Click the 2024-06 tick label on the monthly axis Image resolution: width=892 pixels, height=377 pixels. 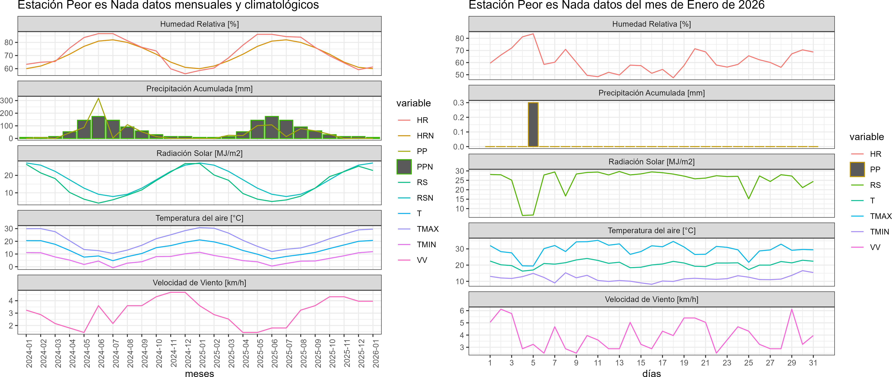pyautogui.click(x=101, y=353)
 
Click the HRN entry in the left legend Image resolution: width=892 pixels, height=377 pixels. pyautogui.click(x=425, y=136)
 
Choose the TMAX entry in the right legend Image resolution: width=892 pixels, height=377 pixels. pyautogui.click(x=880, y=216)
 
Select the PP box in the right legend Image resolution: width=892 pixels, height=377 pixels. pyautogui.click(x=857, y=169)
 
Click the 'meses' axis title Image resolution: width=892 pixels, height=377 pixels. pyautogui.click(x=199, y=373)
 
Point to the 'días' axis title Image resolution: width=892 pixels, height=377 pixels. pyautogui.click(x=651, y=373)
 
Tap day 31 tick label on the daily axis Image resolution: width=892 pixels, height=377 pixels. pyautogui.click(x=813, y=363)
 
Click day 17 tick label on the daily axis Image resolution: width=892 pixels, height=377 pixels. pyautogui.click(x=662, y=363)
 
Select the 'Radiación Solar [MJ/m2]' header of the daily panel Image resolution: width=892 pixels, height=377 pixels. pyautogui.click(x=651, y=162)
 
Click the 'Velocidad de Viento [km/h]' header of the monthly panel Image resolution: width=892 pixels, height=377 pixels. pyautogui.click(x=199, y=283)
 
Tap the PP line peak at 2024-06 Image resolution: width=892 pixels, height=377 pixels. pyautogui.click(x=98, y=98)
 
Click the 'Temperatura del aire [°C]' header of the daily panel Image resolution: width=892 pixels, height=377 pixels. pyautogui.click(x=651, y=230)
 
